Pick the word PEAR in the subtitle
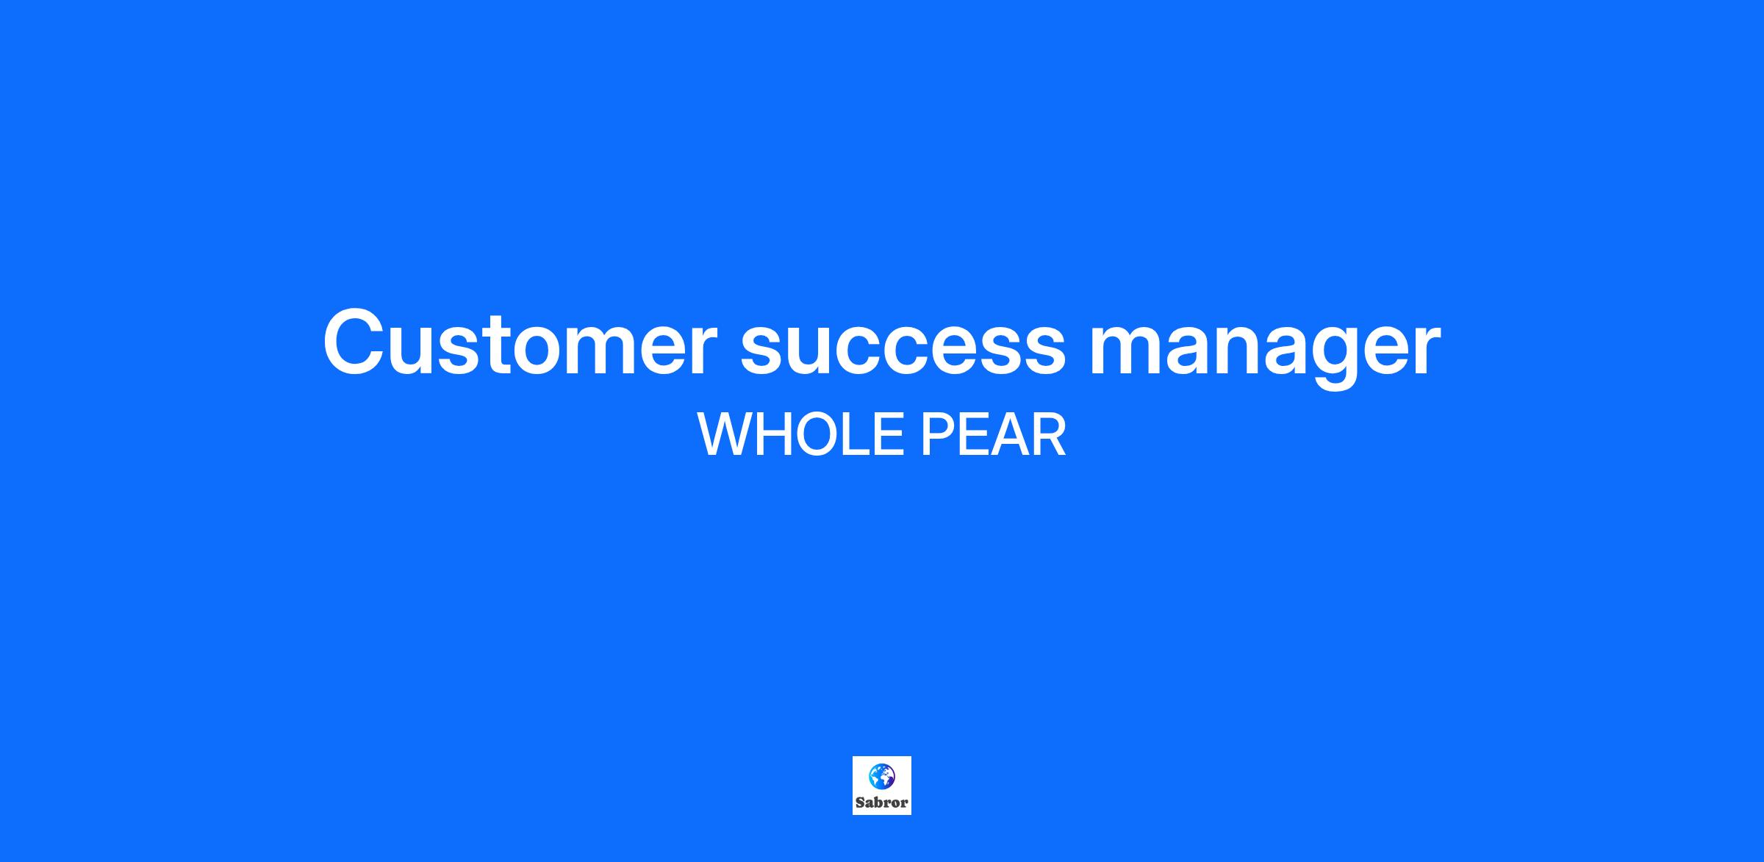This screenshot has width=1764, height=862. coord(993,435)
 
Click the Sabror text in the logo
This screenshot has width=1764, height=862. coord(882,802)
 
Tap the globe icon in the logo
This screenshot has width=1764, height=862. coord(882,776)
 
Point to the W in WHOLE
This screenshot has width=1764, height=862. coord(726,435)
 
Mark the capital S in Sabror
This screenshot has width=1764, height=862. coord(860,802)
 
